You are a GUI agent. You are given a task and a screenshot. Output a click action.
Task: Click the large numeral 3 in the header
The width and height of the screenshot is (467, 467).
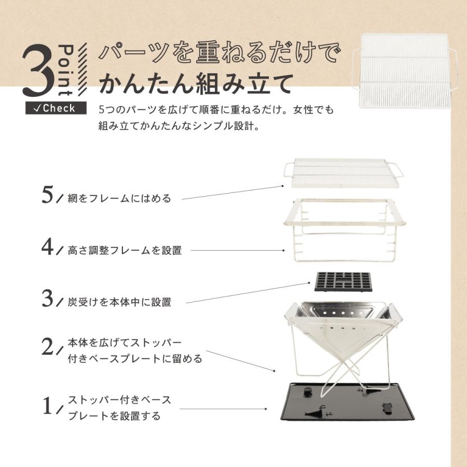(x=39, y=72)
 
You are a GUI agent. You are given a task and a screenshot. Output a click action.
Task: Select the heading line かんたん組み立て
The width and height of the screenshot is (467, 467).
(x=195, y=83)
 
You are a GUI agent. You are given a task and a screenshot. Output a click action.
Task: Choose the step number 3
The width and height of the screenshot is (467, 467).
(x=48, y=298)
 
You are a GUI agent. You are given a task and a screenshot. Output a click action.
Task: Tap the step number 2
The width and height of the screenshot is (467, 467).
(x=48, y=347)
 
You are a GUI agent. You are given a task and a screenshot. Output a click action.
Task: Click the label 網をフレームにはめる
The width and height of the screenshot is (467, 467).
(x=119, y=198)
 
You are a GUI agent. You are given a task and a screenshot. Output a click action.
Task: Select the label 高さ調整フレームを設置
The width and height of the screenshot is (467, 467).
(x=125, y=250)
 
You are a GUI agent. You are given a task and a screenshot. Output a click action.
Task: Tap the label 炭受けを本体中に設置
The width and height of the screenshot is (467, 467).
(x=119, y=302)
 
